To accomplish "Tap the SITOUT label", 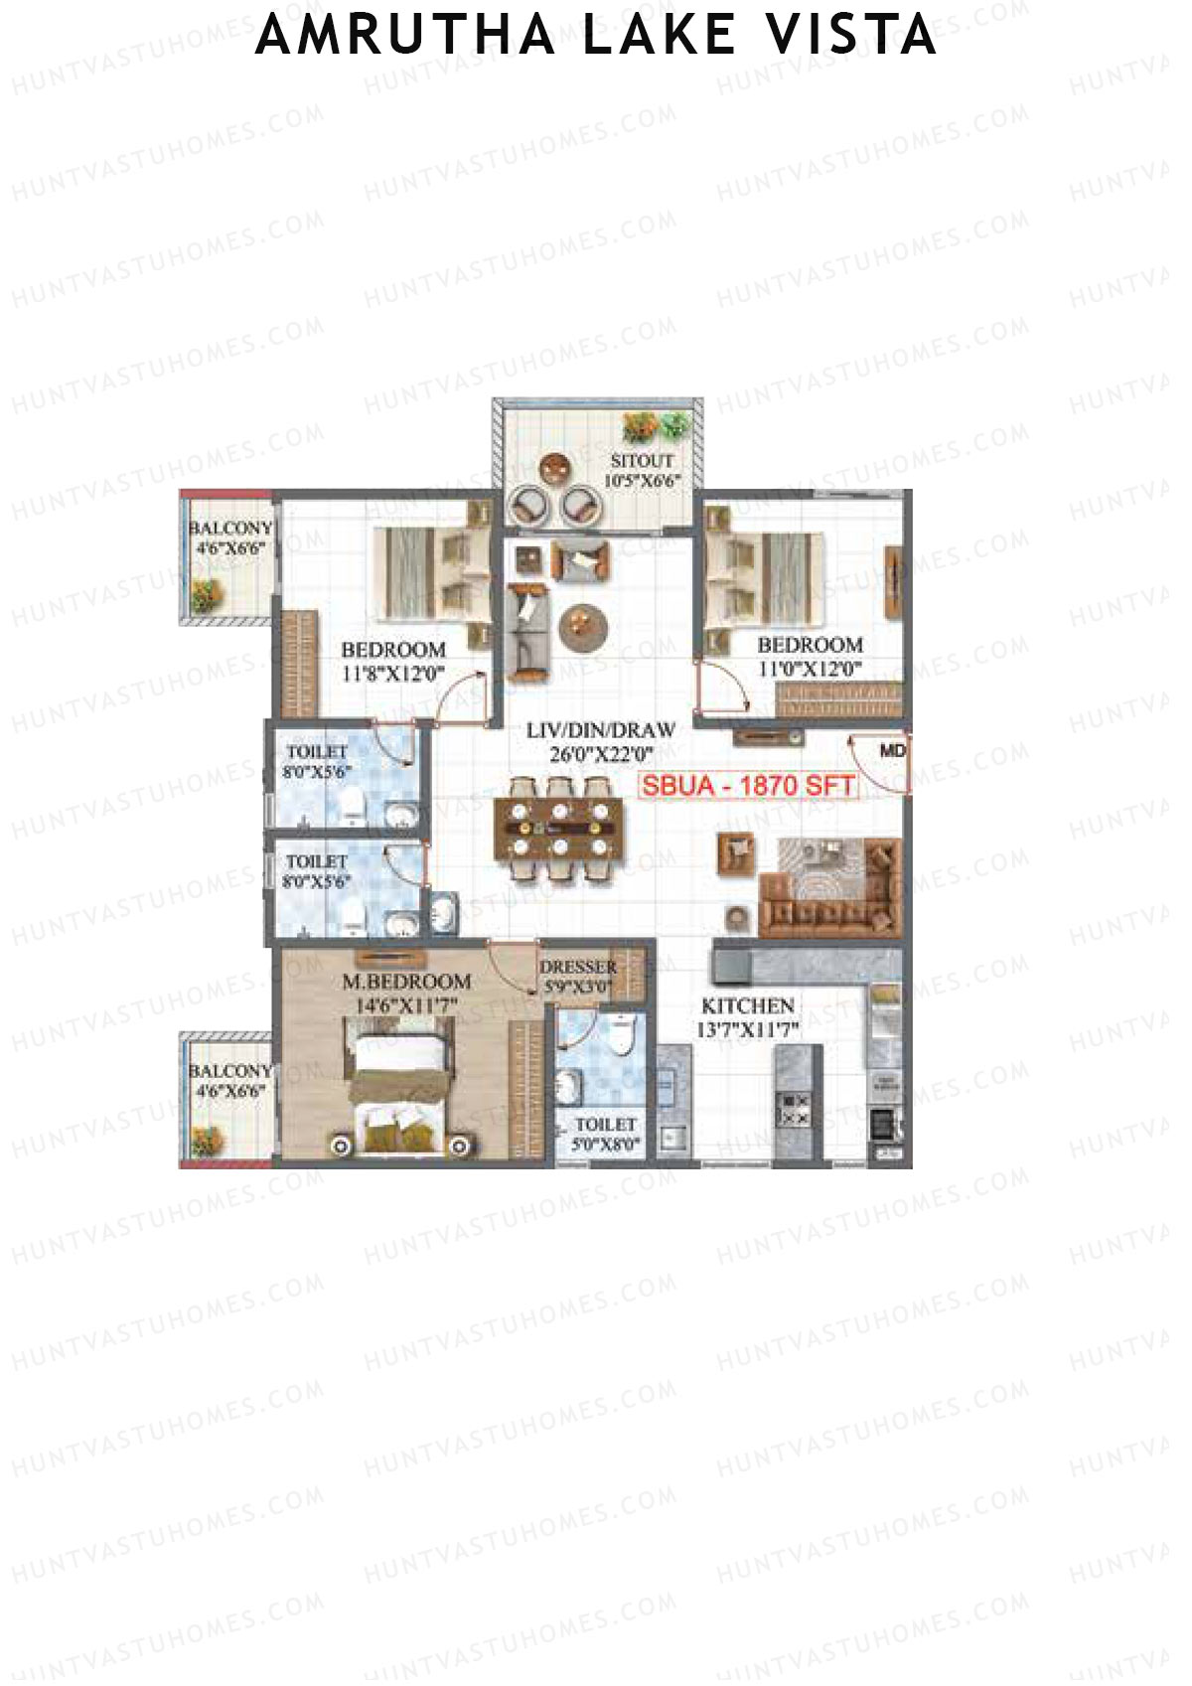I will (642, 461).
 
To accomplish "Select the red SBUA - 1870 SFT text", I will (747, 786).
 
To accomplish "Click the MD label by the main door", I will (892, 751).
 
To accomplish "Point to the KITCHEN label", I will (747, 1005).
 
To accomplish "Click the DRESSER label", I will (578, 967).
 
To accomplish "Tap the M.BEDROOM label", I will (406, 982).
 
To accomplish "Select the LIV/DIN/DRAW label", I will (600, 730).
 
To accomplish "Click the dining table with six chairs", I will (559, 829).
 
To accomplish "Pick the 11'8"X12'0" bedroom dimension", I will (392, 674).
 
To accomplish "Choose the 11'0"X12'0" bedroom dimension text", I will (809, 669).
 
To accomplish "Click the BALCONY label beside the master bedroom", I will (229, 1071).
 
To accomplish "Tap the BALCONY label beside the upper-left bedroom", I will (229, 528).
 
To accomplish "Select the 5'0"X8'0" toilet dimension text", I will (605, 1144).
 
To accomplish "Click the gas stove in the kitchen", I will (792, 1109).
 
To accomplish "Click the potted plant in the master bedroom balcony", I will (208, 1140).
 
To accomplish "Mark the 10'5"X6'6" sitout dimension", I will (642, 482).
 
